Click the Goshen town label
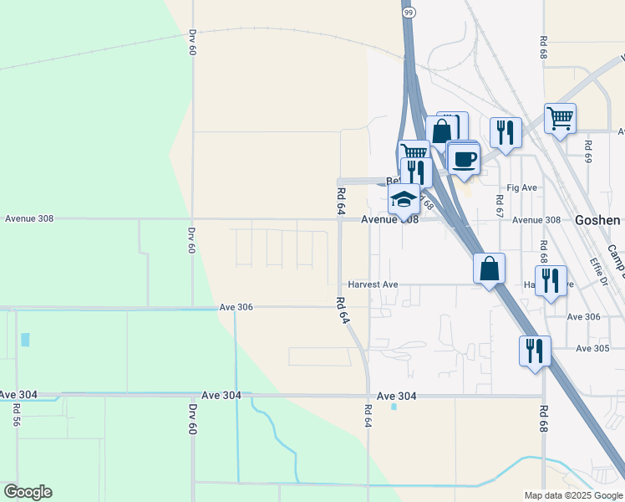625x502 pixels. coord(597,220)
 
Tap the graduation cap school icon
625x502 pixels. coord(404,200)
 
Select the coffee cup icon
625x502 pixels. coord(464,158)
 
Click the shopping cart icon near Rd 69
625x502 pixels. coord(559,117)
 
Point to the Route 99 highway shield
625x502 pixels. coord(408,13)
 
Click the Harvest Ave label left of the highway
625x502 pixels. coord(373,284)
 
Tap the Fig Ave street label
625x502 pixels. coord(522,188)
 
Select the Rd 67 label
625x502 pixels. coord(499,204)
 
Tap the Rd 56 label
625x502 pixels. coord(17,415)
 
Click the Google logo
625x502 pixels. coord(28,492)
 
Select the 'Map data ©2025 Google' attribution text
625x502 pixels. coord(572,495)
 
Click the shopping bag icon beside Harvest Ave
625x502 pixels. coord(490,269)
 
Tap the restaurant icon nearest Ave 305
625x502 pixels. coord(535,350)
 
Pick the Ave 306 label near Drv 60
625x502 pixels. coord(236,307)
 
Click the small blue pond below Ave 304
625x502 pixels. coord(394,407)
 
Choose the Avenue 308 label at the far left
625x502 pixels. coord(29,218)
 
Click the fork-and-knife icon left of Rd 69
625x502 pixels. coord(505,131)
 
